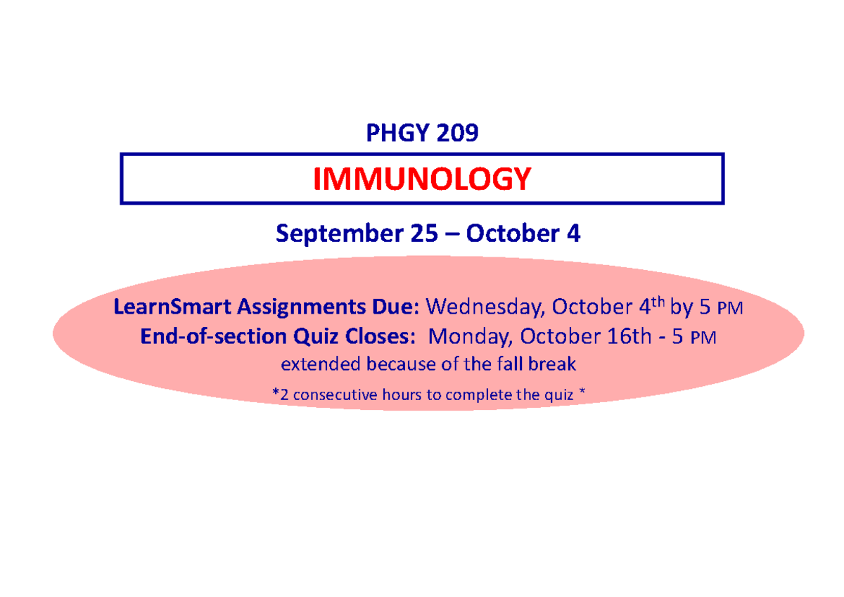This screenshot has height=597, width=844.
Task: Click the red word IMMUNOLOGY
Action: [421, 179]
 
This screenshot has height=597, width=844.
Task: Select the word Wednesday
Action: [485, 307]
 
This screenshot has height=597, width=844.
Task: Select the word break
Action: [557, 365]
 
